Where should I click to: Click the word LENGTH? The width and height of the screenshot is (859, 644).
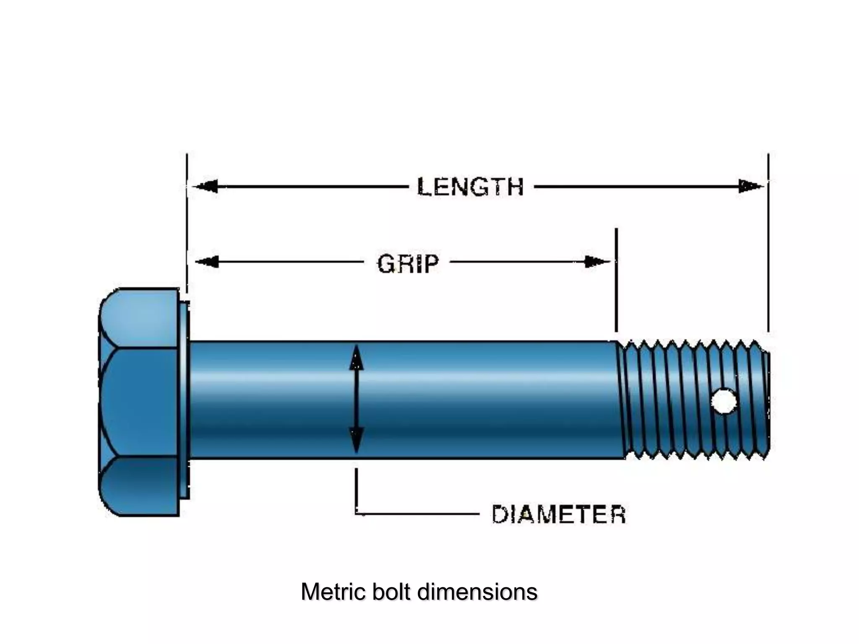pos(471,187)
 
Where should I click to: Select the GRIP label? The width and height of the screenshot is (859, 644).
pos(408,264)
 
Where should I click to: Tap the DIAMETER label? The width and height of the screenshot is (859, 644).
pos(558,514)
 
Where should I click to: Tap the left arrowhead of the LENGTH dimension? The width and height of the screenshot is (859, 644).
pos(206,186)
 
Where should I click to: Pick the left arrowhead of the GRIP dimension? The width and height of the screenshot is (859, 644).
pos(207,262)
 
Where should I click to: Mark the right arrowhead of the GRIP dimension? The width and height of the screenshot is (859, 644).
pos(597,262)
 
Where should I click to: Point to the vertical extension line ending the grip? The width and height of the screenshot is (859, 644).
pos(616,281)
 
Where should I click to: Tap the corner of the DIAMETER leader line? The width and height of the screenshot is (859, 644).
pos(357,513)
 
